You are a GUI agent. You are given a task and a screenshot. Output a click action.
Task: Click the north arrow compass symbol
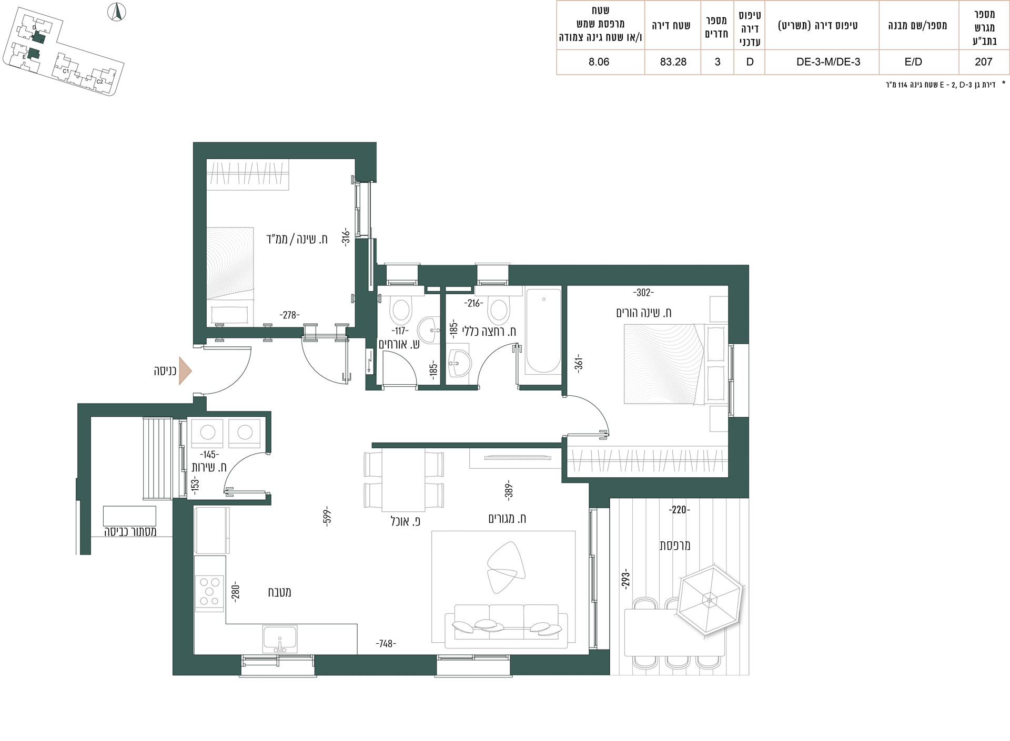(117, 12)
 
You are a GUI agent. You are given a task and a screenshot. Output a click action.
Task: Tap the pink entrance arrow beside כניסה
(185, 371)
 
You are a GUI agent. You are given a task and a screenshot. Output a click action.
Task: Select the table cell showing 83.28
(673, 62)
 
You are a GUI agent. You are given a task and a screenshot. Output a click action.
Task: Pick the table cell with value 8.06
(599, 62)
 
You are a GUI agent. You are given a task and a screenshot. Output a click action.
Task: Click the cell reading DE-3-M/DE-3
(828, 62)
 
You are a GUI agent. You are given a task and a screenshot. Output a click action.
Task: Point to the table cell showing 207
(983, 62)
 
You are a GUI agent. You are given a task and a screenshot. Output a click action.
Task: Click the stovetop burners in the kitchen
(209, 594)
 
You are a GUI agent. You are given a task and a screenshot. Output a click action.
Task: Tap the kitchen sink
(280, 639)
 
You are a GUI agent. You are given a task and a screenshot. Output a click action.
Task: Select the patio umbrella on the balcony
(710, 600)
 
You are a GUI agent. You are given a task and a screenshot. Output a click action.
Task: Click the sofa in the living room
(507, 626)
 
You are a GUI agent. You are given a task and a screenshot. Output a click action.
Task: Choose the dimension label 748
(386, 644)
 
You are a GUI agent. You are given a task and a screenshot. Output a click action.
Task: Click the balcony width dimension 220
(679, 509)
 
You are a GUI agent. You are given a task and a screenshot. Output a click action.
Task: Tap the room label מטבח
(279, 592)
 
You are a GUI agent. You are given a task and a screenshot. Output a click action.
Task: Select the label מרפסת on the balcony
(675, 546)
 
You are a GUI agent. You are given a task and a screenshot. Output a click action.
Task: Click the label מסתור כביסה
(130, 532)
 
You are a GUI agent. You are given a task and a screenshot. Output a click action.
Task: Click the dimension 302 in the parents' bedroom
(644, 293)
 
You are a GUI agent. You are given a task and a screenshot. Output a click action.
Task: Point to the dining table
(403, 480)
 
